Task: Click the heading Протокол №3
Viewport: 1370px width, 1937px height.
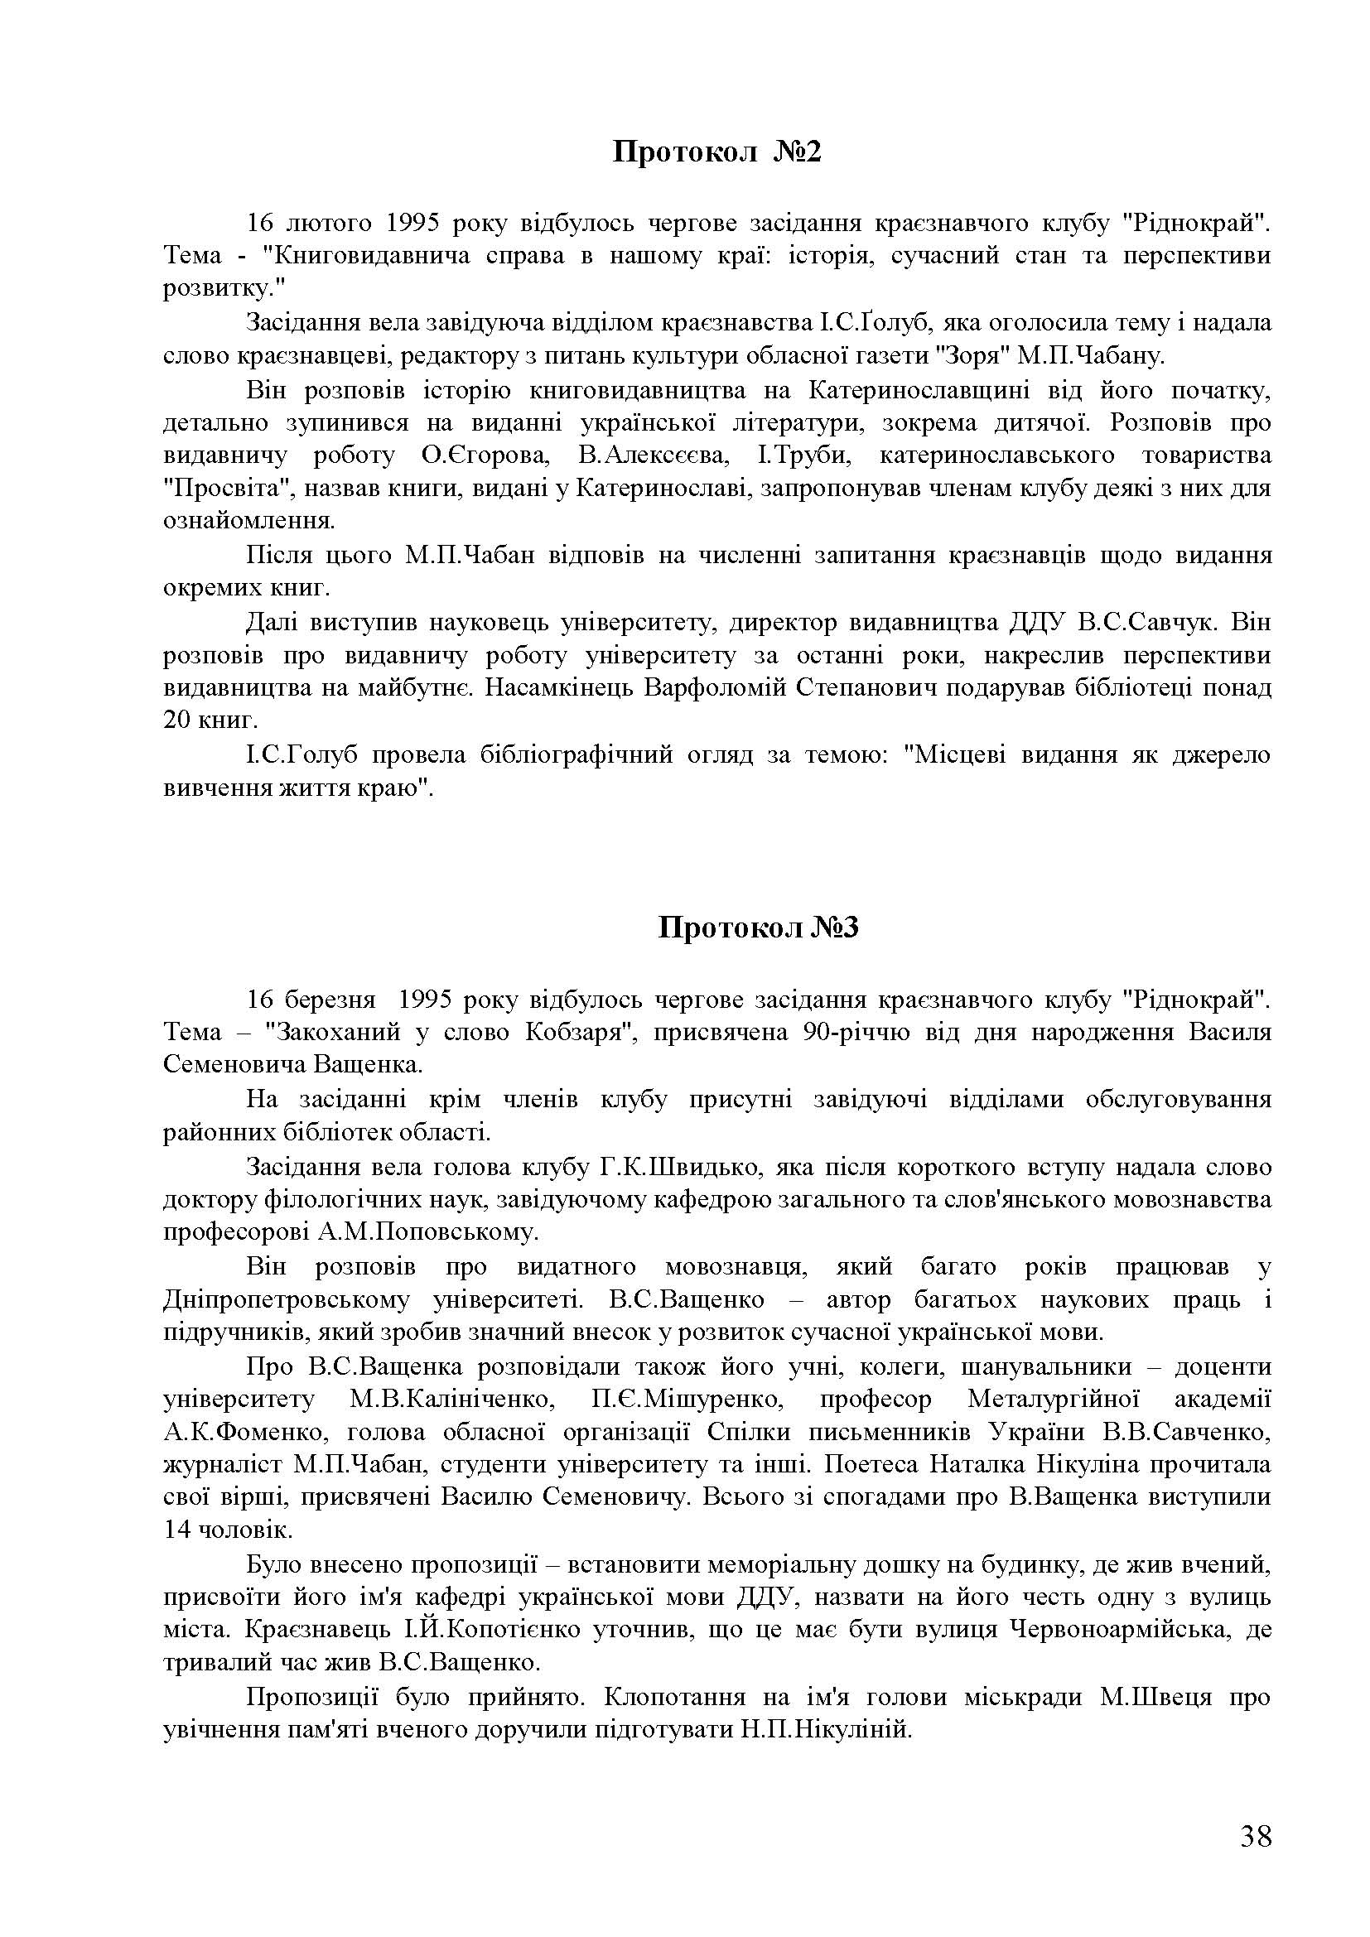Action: [758, 928]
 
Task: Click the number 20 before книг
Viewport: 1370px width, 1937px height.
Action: [179, 720]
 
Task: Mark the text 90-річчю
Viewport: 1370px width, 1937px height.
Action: [852, 1033]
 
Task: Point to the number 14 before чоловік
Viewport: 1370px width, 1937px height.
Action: [178, 1530]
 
